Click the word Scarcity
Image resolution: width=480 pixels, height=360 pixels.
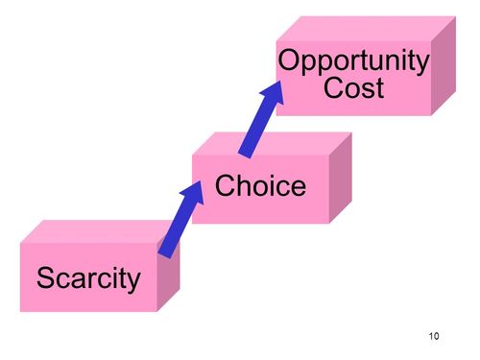(x=88, y=279)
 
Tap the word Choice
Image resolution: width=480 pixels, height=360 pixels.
(x=260, y=185)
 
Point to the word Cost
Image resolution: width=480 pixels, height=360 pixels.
(x=353, y=89)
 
